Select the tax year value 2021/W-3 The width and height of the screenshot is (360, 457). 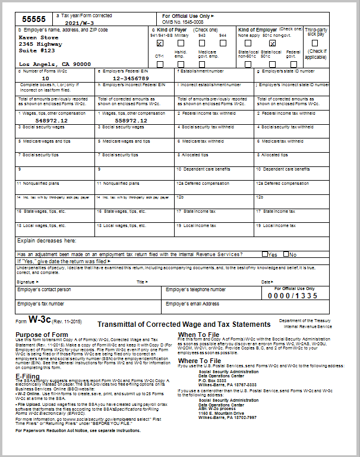79,23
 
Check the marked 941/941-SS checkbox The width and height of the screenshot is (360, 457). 160,43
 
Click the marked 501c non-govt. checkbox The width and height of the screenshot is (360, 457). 272,43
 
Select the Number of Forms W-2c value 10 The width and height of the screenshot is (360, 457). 46,78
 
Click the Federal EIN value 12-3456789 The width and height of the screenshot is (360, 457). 131,78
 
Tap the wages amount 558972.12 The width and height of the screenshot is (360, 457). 131,120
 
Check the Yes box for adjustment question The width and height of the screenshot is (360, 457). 266,254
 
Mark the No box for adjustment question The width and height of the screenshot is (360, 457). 286,254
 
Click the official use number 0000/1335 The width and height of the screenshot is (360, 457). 293,295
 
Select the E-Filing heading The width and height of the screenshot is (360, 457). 27,376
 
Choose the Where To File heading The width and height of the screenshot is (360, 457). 200,360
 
